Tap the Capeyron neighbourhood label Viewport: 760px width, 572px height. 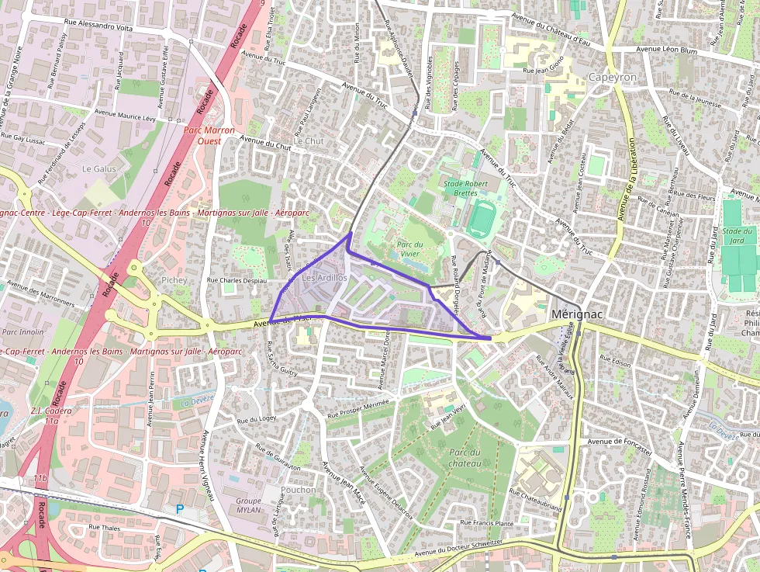point(613,78)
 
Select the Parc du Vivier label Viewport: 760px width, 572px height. point(409,249)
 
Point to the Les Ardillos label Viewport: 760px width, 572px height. point(324,277)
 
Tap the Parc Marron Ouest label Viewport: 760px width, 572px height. point(209,135)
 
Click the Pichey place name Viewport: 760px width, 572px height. point(174,279)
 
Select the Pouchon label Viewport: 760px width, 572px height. point(298,490)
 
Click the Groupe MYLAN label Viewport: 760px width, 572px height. point(248,506)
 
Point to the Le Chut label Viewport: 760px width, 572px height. point(308,141)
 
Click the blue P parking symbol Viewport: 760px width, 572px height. point(180,509)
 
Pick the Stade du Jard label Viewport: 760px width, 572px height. point(738,235)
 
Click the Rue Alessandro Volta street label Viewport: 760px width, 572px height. point(98,26)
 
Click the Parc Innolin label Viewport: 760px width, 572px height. point(22,331)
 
